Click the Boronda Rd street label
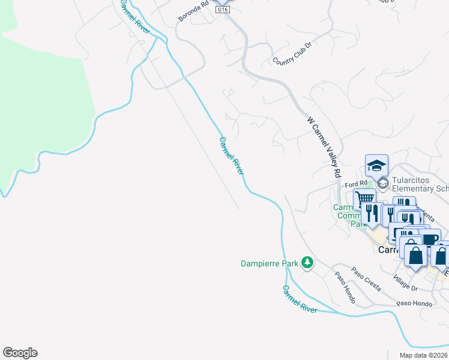coord(194,12)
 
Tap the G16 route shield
coord(223,10)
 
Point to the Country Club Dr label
coord(293,53)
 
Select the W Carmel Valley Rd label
coord(324,146)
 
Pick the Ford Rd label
coord(355,184)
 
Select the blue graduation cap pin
coord(377,166)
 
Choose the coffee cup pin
coord(429,239)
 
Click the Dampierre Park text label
coord(270,263)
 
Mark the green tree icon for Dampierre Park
coord(307,263)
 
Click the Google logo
coord(20,353)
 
